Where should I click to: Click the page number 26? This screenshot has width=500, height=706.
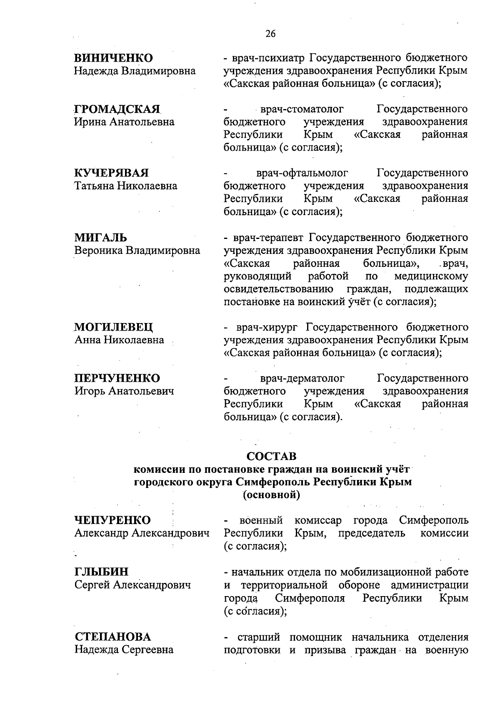coord(270,34)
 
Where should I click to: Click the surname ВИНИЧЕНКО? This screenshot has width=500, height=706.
coord(113,58)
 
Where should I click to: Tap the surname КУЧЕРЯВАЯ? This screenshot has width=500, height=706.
coord(111,173)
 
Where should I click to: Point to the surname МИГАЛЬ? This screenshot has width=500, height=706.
coord(101,238)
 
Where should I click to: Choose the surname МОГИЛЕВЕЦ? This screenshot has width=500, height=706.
coord(114,327)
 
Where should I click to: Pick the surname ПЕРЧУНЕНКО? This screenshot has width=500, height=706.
coord(117,378)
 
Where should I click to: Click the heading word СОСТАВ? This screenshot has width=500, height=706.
coord(271,456)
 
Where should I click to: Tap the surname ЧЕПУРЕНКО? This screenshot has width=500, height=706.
coord(112,520)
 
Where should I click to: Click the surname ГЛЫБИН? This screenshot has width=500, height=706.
coord(102,572)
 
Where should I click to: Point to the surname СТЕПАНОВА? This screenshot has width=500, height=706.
coord(113,637)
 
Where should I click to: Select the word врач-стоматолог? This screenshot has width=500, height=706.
coord(302,109)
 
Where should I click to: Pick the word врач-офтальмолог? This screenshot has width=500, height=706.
coord(302,173)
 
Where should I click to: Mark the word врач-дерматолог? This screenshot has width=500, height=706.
coord(302,378)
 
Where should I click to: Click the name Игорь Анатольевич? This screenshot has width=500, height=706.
coord(124,391)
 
